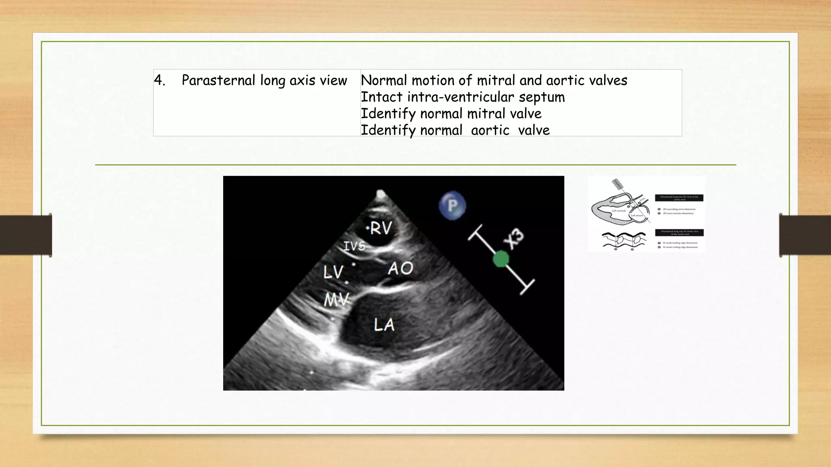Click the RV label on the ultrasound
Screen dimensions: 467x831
381,229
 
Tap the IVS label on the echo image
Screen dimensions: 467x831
354,246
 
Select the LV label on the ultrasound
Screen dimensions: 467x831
333,272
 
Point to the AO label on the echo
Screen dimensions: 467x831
400,268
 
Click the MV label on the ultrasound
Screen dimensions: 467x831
336,300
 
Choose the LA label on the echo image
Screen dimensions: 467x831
384,325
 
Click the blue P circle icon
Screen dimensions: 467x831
452,206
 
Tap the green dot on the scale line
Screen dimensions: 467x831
501,259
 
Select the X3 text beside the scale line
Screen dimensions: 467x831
514,239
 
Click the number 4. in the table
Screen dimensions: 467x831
159,80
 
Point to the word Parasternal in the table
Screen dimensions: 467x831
218,80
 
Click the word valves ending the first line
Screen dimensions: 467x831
608,80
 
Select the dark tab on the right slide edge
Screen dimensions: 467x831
805,235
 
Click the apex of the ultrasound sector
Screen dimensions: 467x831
381,193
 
